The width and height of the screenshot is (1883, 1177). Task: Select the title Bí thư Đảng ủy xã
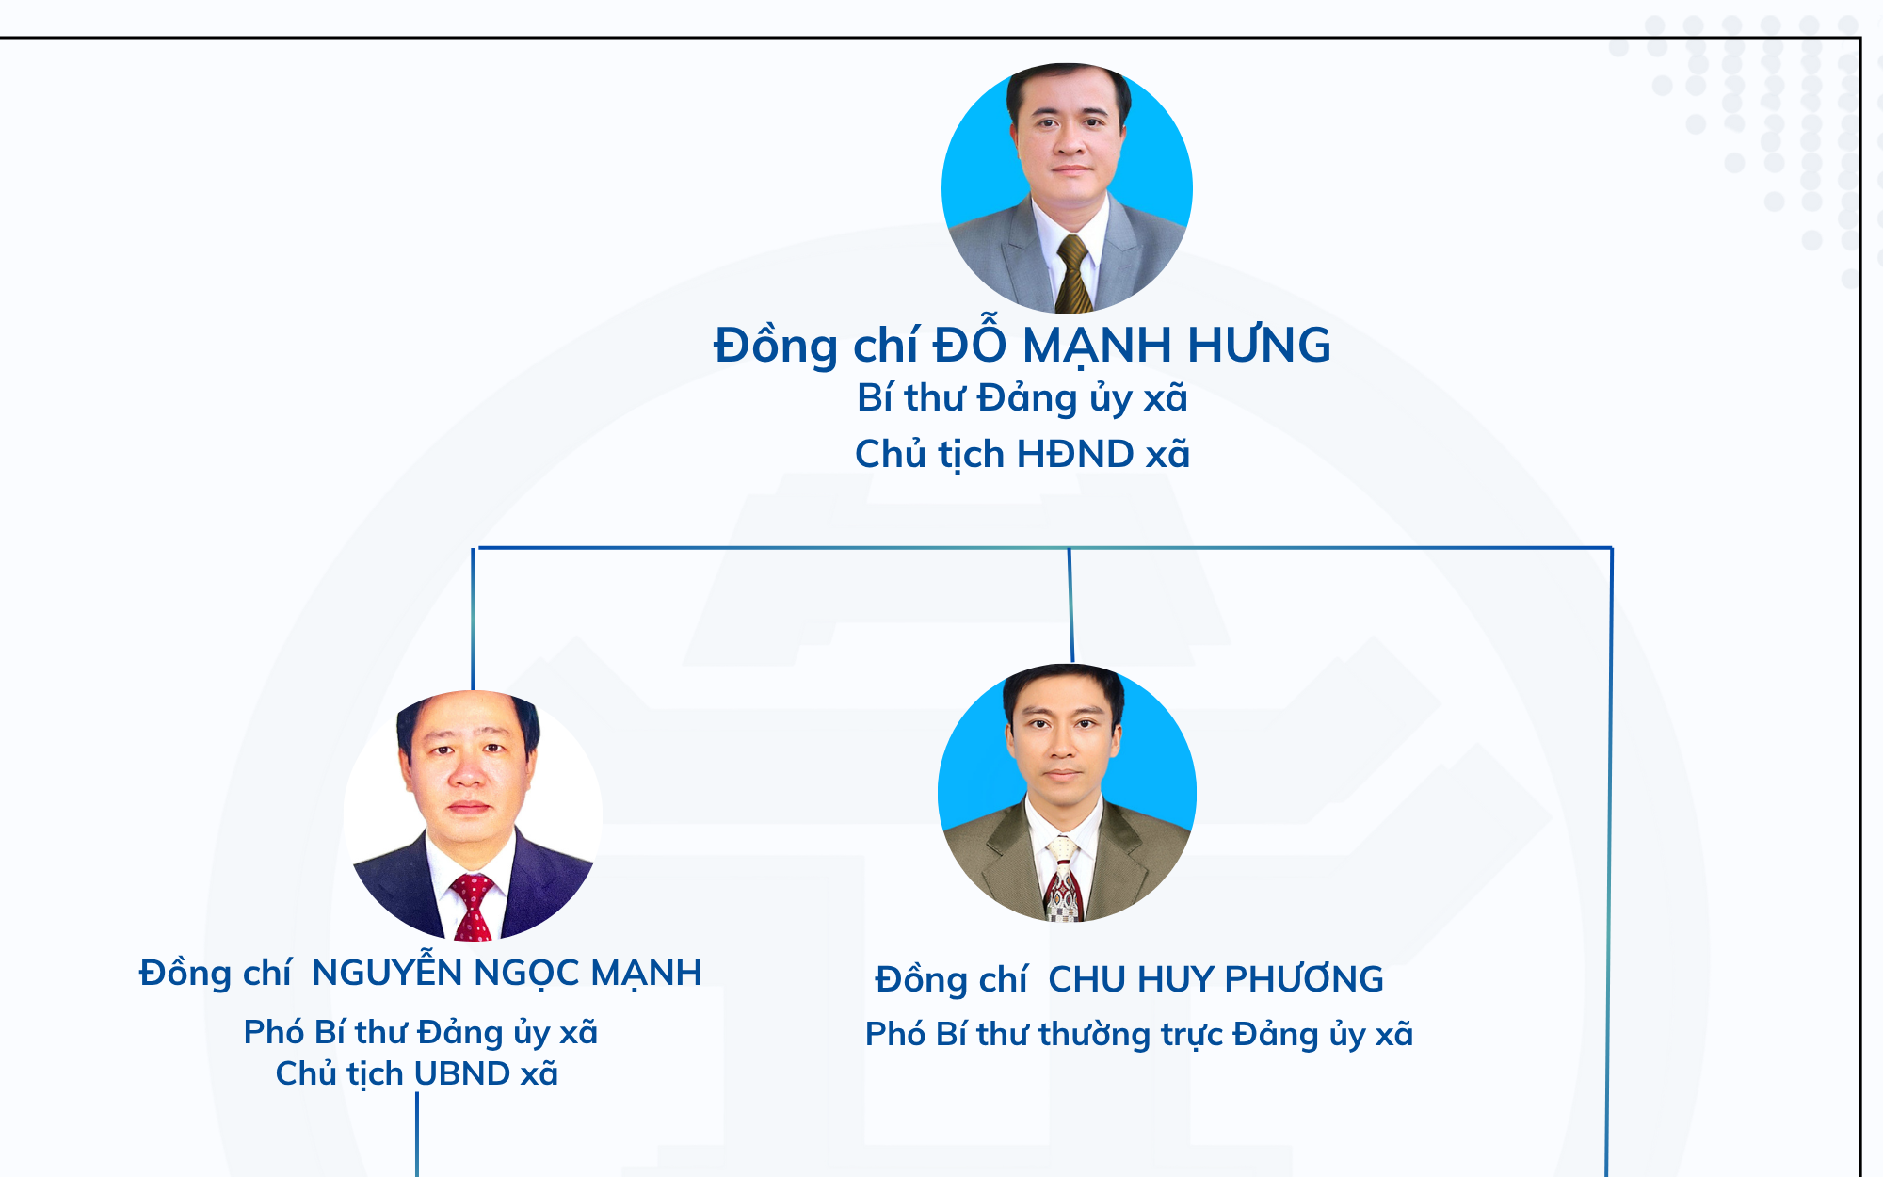(x=1022, y=398)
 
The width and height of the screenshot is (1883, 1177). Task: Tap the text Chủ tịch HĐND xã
(x=1022, y=454)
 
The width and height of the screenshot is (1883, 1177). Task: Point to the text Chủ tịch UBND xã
(x=417, y=1073)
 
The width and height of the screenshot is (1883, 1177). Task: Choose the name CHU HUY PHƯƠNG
(x=1215, y=979)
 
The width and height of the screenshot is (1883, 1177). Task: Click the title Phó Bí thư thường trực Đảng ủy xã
(x=1139, y=1034)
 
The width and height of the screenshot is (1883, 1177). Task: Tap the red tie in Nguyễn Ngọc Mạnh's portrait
(x=473, y=907)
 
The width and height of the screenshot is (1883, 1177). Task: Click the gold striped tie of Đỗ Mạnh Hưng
(x=1072, y=274)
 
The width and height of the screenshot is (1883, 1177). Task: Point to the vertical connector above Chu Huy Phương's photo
(x=1070, y=605)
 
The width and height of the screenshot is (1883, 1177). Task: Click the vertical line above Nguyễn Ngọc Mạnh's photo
(x=473, y=620)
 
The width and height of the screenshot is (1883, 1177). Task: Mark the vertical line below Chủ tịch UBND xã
(x=417, y=1135)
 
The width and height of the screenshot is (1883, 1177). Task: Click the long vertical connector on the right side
(x=1609, y=862)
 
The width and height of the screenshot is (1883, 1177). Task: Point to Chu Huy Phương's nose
(x=1063, y=744)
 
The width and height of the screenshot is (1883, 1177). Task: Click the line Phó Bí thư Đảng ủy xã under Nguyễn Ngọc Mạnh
(x=421, y=1032)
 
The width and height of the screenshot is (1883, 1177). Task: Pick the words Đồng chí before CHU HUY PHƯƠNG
(x=951, y=980)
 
